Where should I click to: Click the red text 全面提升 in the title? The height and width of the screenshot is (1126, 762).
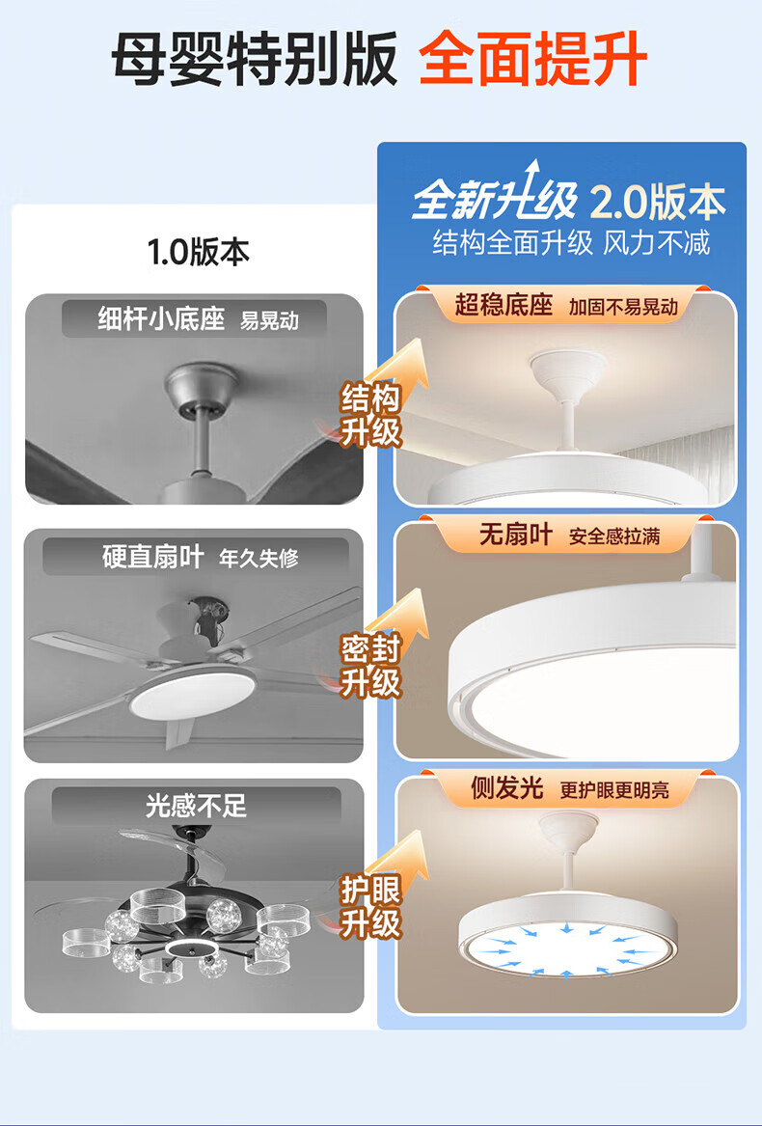tap(532, 59)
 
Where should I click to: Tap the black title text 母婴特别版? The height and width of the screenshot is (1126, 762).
tap(255, 59)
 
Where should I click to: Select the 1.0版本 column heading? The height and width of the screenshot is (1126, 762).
tap(199, 252)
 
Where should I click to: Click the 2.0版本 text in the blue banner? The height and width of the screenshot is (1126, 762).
tap(658, 204)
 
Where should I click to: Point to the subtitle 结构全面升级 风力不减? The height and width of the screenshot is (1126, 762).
tap(571, 243)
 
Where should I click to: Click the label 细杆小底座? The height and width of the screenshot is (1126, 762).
tap(162, 318)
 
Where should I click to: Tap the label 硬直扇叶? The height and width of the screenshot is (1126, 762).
tap(153, 557)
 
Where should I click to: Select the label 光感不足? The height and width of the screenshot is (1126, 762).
tap(196, 806)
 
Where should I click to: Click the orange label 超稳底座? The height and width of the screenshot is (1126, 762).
tap(503, 305)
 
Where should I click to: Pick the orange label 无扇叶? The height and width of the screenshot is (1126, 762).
tap(516, 535)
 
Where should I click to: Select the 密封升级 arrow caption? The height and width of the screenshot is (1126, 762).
tap(370, 666)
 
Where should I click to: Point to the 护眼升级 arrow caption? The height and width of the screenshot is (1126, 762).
tap(370, 907)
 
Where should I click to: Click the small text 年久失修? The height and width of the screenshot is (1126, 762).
tap(259, 558)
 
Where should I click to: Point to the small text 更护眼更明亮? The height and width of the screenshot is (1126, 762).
tap(614, 790)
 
